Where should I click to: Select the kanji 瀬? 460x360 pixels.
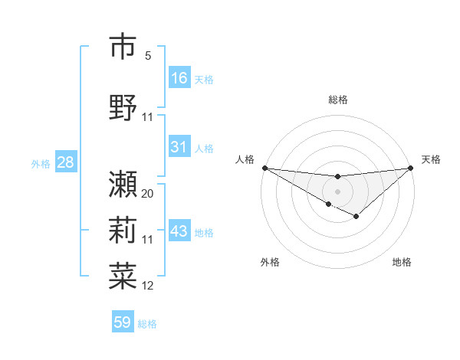123,184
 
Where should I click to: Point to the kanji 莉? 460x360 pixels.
123,230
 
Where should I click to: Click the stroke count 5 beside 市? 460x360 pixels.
148,56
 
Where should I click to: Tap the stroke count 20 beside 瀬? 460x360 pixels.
148,194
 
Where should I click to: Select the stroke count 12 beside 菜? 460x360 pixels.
148,286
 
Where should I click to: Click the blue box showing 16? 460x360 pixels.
179,78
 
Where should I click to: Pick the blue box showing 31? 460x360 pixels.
179,147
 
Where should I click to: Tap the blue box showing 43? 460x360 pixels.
179,231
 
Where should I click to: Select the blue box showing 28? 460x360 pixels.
64,162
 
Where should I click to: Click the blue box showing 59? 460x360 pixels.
122,322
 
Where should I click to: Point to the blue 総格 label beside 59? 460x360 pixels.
147,324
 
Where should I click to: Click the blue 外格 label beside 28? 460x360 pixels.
41,164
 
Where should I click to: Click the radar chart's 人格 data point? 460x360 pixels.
264,168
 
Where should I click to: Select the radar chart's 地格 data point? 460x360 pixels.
356,217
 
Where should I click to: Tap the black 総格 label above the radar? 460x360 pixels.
338,100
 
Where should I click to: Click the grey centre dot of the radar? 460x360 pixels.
337,191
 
